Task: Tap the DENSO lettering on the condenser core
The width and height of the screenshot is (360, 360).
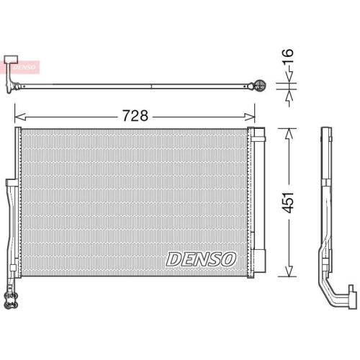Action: pos(200,258)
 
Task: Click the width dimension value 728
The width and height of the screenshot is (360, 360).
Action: pos(135,114)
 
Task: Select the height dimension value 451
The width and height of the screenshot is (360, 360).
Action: pos(289,203)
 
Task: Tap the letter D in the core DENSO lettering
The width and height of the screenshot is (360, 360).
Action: pos(173,258)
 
